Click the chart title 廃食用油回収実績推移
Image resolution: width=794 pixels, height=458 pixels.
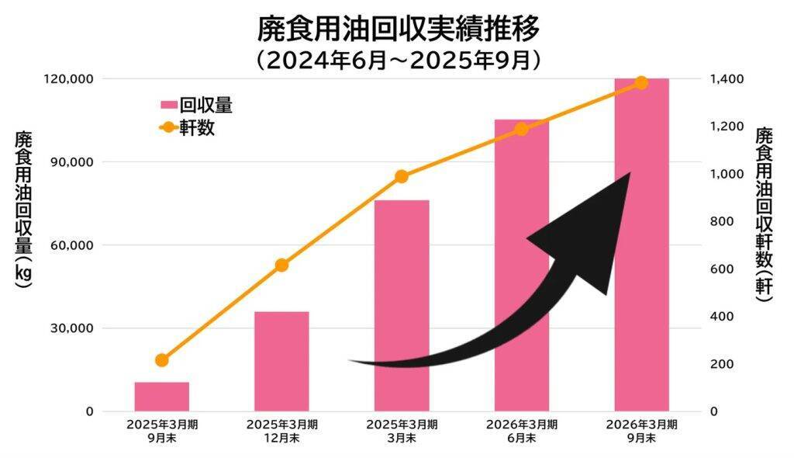[397, 29]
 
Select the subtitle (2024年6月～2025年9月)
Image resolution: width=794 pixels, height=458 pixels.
[397, 61]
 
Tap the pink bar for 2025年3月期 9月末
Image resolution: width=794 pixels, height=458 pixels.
[161, 397]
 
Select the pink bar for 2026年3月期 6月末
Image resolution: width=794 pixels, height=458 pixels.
[521, 265]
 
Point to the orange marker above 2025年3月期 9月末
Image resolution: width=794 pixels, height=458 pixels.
[161, 360]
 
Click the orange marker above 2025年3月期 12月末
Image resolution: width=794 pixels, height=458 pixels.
[281, 265]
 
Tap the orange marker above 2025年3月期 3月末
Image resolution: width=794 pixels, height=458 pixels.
[402, 177]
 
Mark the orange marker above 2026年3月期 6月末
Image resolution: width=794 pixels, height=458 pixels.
[521, 129]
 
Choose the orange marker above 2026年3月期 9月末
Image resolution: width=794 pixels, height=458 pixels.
[641, 83]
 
